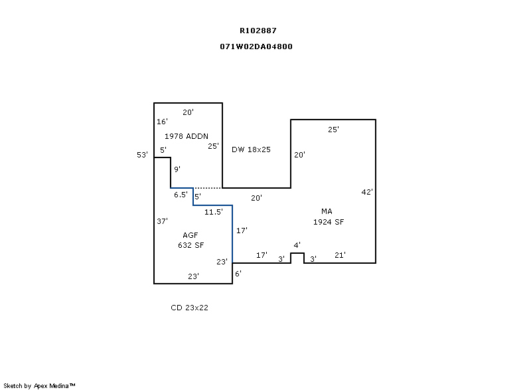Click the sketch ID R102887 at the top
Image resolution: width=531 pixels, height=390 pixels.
(x=258, y=31)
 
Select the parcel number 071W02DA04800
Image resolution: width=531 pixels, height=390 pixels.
(x=256, y=47)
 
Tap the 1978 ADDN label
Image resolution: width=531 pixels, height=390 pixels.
(x=187, y=136)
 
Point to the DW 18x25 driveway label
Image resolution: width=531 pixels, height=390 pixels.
(x=251, y=149)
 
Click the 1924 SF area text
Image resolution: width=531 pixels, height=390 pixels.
(x=329, y=222)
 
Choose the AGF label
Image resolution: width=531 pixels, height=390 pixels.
(x=190, y=235)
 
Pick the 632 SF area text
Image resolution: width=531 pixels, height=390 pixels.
(x=190, y=245)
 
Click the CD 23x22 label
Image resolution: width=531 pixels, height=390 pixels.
(x=190, y=308)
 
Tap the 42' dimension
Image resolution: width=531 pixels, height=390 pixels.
(x=367, y=192)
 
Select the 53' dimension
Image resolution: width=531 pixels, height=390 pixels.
(x=142, y=155)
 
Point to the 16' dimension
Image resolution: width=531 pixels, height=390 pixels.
(x=162, y=122)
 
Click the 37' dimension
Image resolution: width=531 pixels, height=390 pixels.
(x=162, y=221)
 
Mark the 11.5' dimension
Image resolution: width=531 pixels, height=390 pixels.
(x=213, y=213)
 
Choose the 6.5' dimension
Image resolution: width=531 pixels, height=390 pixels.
(x=180, y=195)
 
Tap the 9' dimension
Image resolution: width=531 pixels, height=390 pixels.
(x=177, y=169)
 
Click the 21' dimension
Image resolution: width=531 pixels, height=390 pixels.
(x=340, y=255)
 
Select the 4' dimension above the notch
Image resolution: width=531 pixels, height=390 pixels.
(x=297, y=246)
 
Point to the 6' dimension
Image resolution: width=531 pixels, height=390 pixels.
(x=238, y=273)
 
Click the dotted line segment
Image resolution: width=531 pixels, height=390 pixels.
(x=208, y=188)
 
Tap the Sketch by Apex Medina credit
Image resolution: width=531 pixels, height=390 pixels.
(x=39, y=385)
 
